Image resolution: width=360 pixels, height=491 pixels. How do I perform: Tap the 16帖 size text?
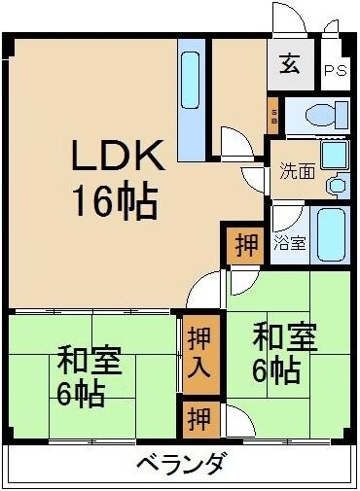click(115, 202)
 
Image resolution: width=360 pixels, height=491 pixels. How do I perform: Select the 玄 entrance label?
click(290, 66)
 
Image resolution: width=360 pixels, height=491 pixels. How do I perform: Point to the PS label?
click(335, 70)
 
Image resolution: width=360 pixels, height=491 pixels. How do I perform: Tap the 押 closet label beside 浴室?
click(247, 245)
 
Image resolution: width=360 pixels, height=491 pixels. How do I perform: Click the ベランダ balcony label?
click(182, 464)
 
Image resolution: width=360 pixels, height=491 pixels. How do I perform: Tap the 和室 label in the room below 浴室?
click(284, 340)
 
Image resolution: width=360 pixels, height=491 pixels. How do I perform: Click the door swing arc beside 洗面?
click(255, 180)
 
